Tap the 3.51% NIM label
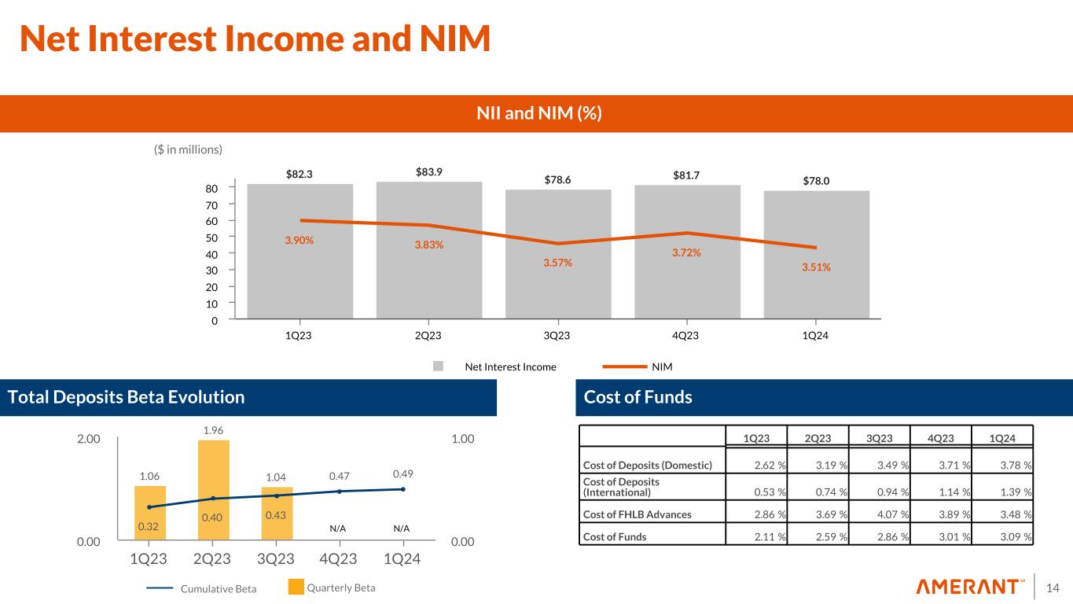click(816, 267)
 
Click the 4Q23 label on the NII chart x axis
click(686, 336)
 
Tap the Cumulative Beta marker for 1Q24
click(402, 489)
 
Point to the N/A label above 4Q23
click(338, 528)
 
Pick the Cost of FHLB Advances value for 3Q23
click(884, 514)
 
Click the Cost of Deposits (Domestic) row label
click(647, 465)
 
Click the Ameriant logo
click(970, 587)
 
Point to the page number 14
click(1054, 587)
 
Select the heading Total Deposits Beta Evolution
click(126, 397)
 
